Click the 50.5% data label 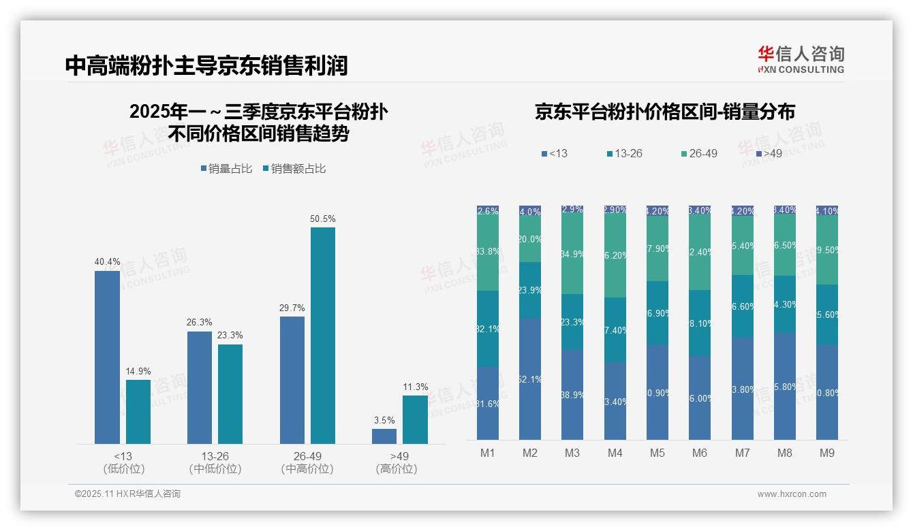[323, 219]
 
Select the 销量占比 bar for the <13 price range [107, 357]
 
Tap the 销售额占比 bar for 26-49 [323, 335]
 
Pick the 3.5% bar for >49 [384, 436]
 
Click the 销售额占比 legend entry [294, 169]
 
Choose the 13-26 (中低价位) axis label [215, 462]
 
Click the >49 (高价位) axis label [396, 462]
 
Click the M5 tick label [657, 453]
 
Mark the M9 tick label [826, 453]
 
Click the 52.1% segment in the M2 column [530, 379]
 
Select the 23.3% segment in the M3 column [572, 322]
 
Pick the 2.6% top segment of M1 [488, 211]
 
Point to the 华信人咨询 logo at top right [801, 59]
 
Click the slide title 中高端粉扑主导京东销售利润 [206, 65]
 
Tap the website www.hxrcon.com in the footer [791, 494]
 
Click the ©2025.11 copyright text [127, 494]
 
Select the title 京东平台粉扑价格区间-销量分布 [664, 112]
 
